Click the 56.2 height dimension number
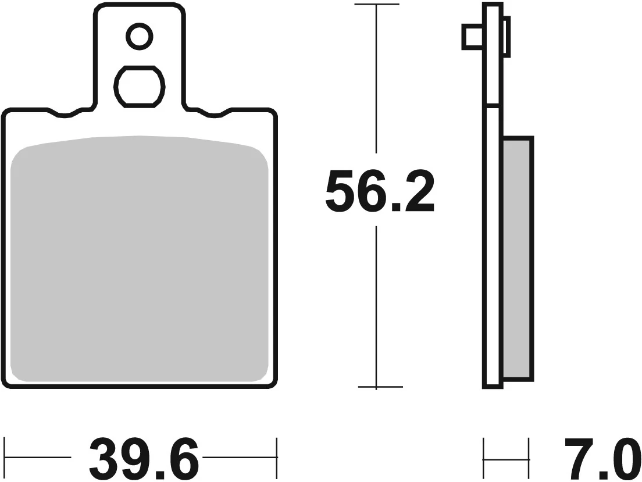(380, 191)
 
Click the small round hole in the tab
(140, 37)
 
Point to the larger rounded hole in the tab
(140, 87)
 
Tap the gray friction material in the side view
(518, 259)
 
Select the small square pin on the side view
(472, 37)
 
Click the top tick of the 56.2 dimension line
(377, 5)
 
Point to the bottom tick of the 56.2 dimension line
(377, 387)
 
